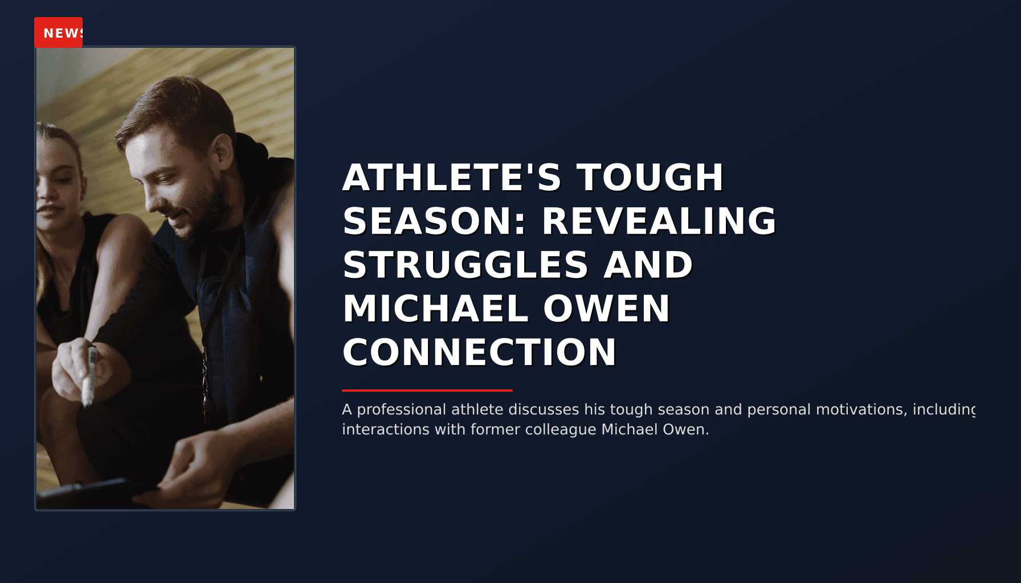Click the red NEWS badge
pyautogui.click(x=58, y=32)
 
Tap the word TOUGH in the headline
pyautogui.click(x=650, y=178)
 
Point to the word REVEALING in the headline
pyautogui.click(x=659, y=221)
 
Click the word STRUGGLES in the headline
pyautogui.click(x=465, y=265)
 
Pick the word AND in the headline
pyautogui.click(x=648, y=265)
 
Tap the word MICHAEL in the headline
pyautogui.click(x=435, y=309)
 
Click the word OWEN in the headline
pyautogui.click(x=606, y=309)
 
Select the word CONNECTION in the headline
pyautogui.click(x=479, y=352)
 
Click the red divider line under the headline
pyautogui.click(x=427, y=391)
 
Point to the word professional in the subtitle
pyautogui.click(x=402, y=410)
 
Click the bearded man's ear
pyautogui.click(x=222, y=151)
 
